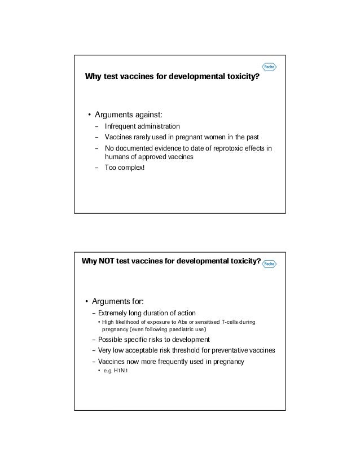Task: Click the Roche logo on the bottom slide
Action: (x=269, y=263)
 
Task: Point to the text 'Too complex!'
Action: (x=125, y=168)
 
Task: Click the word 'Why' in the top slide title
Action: (x=92, y=76)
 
